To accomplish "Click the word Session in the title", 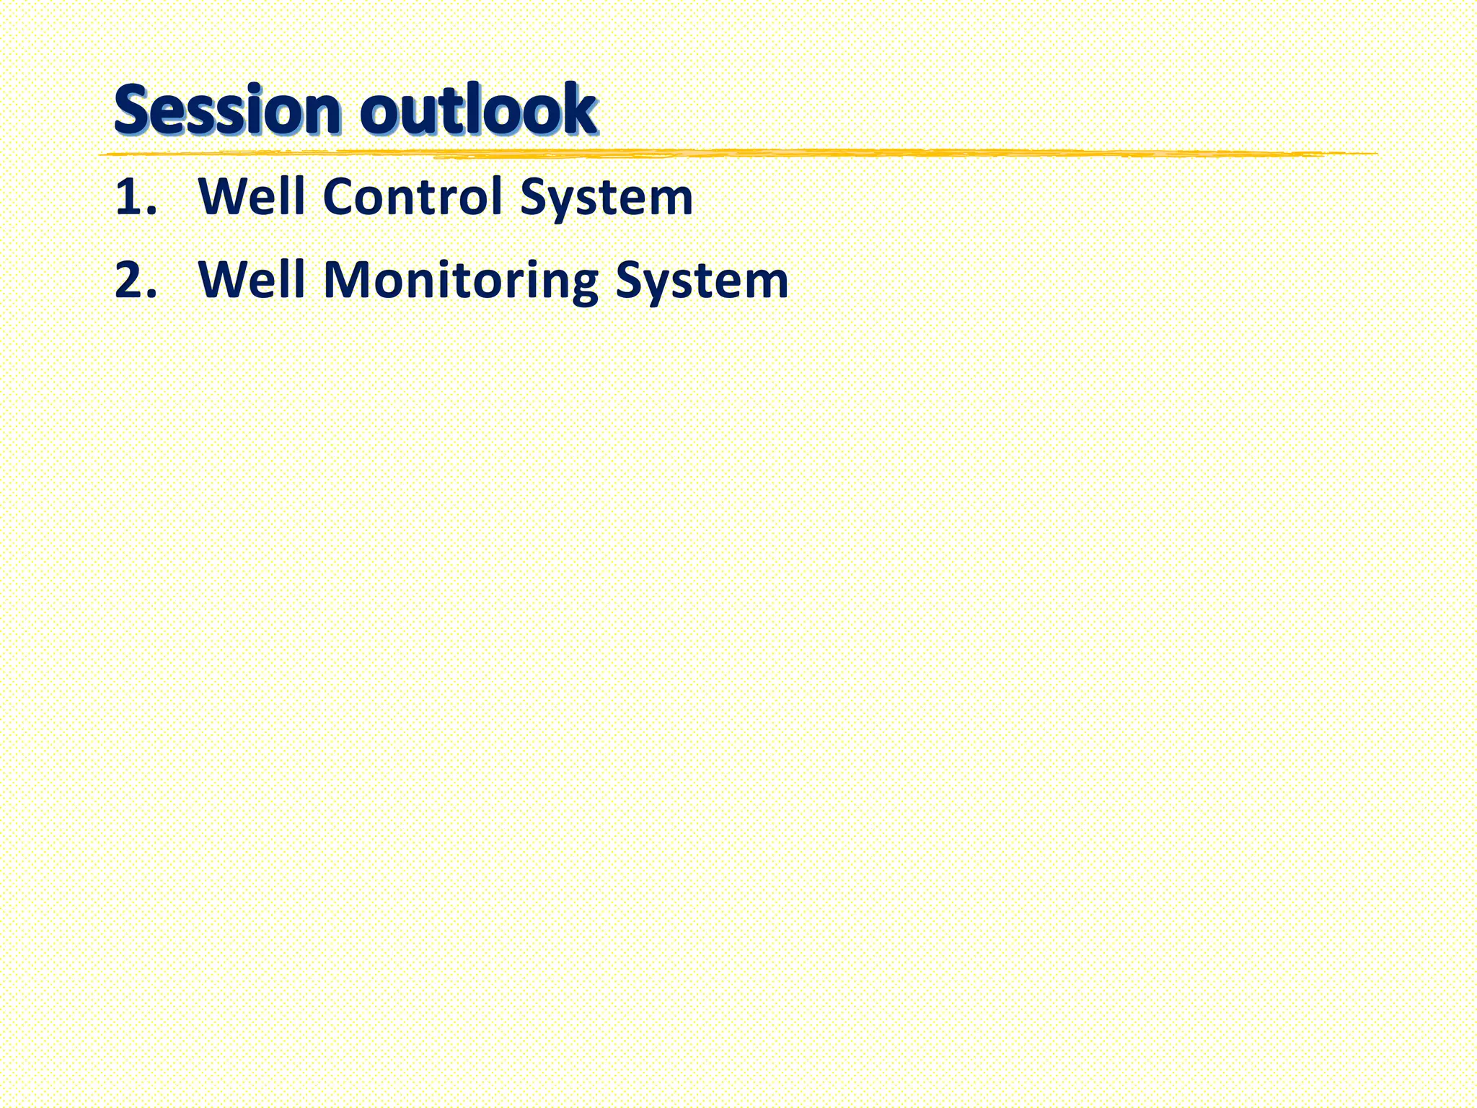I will (x=226, y=110).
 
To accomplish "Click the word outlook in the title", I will (x=478, y=110).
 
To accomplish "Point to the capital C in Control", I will (x=342, y=197).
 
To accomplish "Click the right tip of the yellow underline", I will (x=1376, y=153).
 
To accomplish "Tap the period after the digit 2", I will (x=151, y=295).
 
